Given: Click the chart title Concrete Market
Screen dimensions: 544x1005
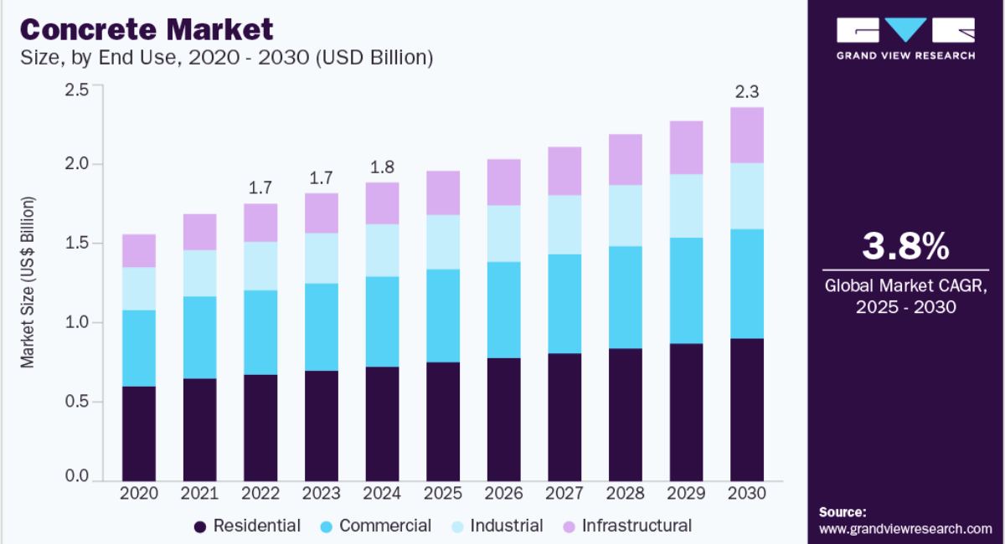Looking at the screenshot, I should pos(147,29).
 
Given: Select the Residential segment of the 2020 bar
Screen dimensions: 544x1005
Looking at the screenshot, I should pos(139,432).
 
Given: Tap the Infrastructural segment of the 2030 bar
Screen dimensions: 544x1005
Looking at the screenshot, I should pos(746,135).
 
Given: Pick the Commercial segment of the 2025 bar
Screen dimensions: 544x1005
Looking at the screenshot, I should pos(443,316).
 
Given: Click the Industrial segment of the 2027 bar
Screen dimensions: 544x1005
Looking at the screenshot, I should pos(564,224).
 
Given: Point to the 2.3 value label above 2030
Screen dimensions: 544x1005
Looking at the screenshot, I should pos(747,91).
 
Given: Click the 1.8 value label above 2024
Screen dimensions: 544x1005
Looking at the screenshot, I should pos(382,167).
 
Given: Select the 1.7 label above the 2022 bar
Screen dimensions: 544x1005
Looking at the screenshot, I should pos(260,187).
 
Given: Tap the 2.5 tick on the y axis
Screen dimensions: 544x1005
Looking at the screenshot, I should pos(77,90).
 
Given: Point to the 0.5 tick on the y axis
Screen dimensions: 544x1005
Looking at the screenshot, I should pos(77,402).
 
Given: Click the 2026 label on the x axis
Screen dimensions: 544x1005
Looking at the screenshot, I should pos(503,494).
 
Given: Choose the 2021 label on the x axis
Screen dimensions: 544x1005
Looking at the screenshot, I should pos(199,494).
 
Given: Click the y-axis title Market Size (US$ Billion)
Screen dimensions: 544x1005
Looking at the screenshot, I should pos(28,282).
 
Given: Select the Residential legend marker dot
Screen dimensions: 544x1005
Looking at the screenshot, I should pos(199,526).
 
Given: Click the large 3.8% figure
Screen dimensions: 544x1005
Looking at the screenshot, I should pos(905,247).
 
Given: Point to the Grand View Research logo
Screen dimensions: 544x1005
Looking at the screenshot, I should pos(905,38).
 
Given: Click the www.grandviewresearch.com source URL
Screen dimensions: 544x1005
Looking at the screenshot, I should pos(905,529).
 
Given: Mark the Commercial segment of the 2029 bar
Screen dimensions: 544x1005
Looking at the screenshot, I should pos(686,290).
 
